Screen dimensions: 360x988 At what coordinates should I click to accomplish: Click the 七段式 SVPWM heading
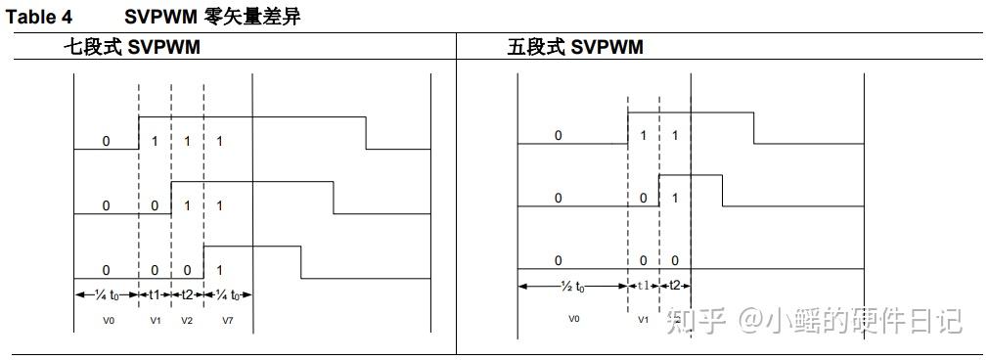[132, 47]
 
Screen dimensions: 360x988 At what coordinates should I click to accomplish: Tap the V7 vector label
[227, 320]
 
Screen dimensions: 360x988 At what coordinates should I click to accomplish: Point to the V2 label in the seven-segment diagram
[187, 320]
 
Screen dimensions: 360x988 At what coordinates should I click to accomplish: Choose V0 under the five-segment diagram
[573, 319]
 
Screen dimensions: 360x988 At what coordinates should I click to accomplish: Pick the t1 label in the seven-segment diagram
[155, 294]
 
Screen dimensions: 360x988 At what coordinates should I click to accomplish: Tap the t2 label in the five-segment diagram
[675, 286]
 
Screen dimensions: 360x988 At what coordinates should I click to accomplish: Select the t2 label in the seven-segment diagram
[187, 294]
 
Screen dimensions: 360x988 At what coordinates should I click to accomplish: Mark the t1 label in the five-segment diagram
[643, 286]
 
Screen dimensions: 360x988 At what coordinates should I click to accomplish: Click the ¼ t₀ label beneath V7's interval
[228, 294]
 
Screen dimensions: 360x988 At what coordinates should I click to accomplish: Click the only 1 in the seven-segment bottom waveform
[219, 270]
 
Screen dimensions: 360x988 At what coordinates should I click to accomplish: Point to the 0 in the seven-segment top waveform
[106, 142]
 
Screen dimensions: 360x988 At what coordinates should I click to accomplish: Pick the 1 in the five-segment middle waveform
[675, 199]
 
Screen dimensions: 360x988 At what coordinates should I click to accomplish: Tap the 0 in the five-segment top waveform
[559, 136]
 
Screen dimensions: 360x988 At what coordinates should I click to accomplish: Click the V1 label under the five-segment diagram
[643, 319]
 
